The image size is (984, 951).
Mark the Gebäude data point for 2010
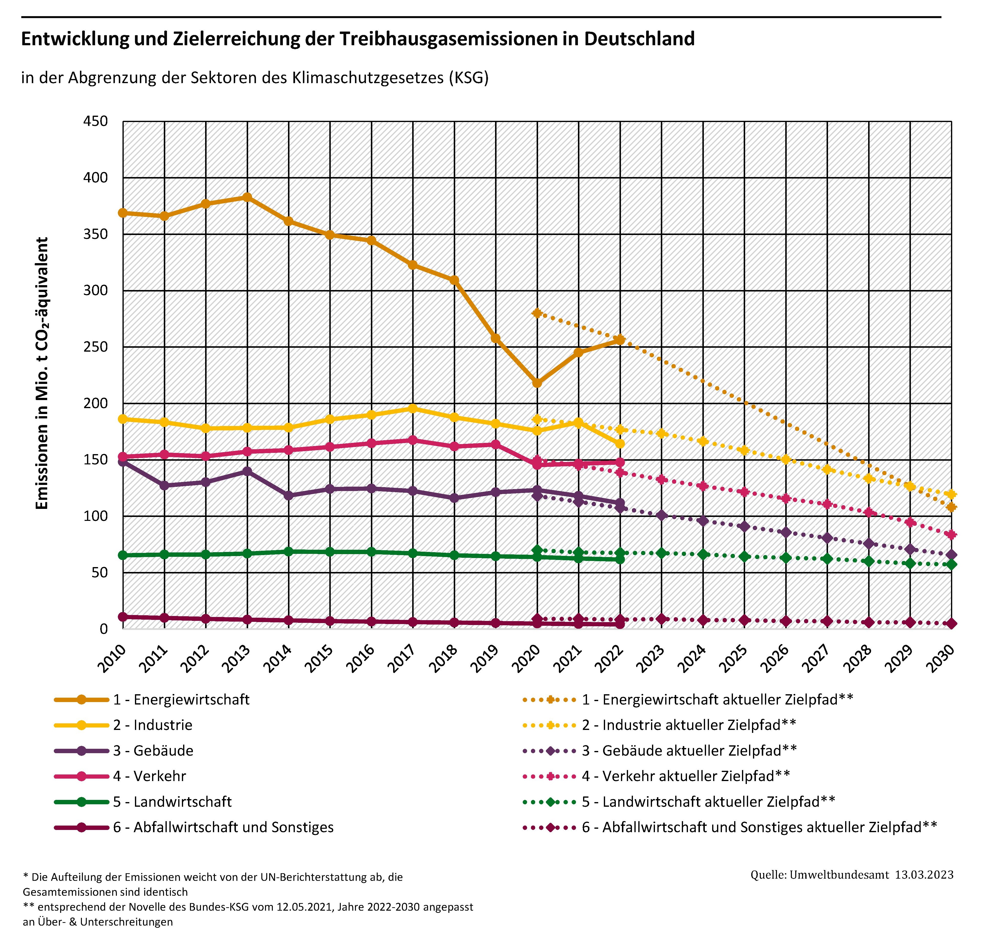[x=122, y=462]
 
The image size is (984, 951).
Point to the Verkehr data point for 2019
[x=496, y=444]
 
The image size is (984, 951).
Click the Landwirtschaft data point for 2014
[x=288, y=551]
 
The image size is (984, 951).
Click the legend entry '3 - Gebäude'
[x=153, y=751]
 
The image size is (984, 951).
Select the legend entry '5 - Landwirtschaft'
[x=172, y=802]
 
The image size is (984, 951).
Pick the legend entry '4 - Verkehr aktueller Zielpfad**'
[x=686, y=776]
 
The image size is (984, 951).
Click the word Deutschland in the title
[x=639, y=39]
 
